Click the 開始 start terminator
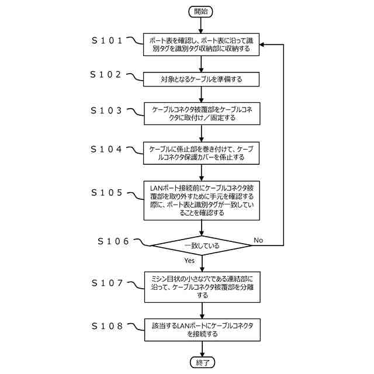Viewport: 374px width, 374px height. [x=200, y=12]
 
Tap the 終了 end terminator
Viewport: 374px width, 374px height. [x=203, y=362]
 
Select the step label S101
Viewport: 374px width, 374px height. [x=107, y=40]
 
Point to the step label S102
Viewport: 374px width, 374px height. [x=106, y=74]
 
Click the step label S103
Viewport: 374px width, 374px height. [x=106, y=110]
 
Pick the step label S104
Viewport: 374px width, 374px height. [x=106, y=150]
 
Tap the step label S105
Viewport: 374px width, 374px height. [x=106, y=192]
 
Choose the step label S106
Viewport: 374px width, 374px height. [x=113, y=241]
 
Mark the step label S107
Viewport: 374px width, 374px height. [x=107, y=283]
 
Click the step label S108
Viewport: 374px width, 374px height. [x=107, y=326]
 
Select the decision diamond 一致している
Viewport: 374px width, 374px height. [x=202, y=245]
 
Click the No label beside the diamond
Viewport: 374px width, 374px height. [x=258, y=240]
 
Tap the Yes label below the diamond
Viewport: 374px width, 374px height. [x=189, y=261]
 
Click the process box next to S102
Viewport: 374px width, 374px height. [x=201, y=79]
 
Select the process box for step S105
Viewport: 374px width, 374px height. [x=202, y=200]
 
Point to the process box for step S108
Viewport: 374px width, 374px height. [x=202, y=330]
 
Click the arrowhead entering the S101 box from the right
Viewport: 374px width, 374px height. [x=262, y=44]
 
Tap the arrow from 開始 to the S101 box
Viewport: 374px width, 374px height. [x=200, y=25]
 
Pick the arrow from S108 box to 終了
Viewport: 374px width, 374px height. [x=202, y=349]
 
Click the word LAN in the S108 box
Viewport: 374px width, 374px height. [x=183, y=325]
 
